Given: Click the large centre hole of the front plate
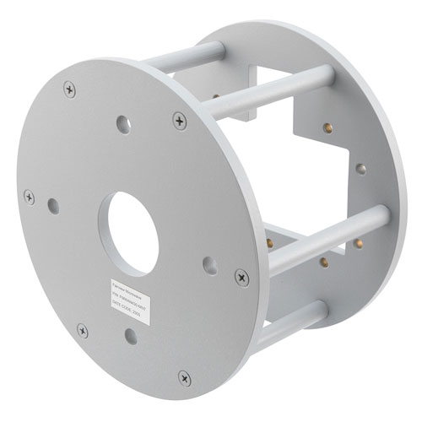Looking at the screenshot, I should tap(133, 233).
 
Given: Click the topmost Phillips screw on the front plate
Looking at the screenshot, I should tap(69, 86).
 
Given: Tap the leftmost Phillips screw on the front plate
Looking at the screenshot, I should tap(30, 197).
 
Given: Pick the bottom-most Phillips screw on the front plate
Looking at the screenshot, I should tap(184, 377).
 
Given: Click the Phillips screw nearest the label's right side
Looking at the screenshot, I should tap(241, 276).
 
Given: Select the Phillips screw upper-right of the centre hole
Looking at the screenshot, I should tap(179, 120).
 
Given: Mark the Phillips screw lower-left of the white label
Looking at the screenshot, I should tap(82, 329).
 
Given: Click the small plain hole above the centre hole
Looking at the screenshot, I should tap(123, 124).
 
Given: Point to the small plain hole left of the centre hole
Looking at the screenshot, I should tap(53, 205).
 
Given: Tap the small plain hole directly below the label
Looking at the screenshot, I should tap(130, 336).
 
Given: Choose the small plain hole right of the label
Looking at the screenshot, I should tap(210, 265).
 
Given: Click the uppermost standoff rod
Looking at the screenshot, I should tap(187, 57).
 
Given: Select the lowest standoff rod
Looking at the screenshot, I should tap(287, 326).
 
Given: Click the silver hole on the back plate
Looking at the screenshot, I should tap(360, 169).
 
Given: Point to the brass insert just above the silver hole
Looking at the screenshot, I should tap(327, 128).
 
